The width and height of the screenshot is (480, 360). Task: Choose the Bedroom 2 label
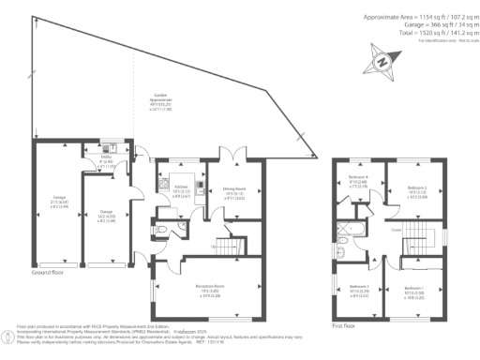pyautogui.click(x=417, y=191)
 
